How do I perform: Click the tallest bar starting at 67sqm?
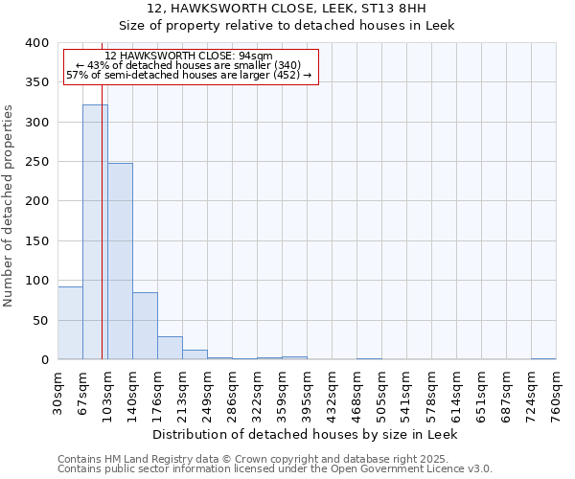click(x=95, y=232)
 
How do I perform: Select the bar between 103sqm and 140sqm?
click(x=120, y=261)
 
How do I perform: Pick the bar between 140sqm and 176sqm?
click(x=145, y=326)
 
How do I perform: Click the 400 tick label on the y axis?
click(x=36, y=43)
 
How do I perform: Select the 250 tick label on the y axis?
click(x=36, y=162)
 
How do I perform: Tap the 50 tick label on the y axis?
click(x=40, y=320)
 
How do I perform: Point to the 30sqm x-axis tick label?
click(x=58, y=391)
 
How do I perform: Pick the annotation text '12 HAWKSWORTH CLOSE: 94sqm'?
click(x=189, y=56)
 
